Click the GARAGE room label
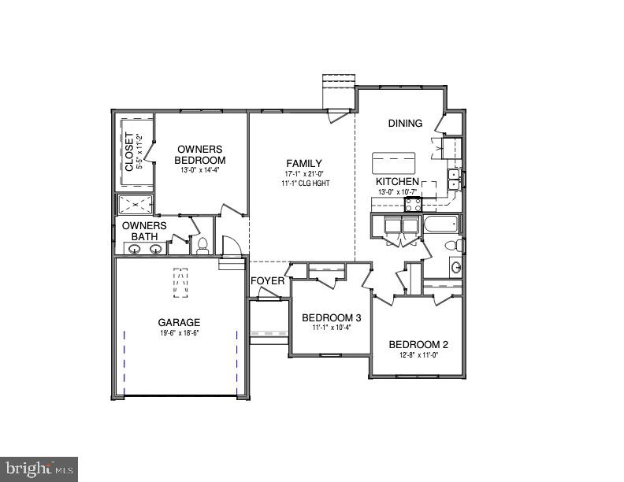pos(179,322)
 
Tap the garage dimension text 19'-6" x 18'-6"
pos(179,333)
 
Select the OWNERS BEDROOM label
pos(199,154)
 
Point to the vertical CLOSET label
pos(129,151)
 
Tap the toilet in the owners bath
pos(202,246)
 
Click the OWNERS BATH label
pos(144,231)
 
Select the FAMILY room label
pos(303,163)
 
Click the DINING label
pos(405,123)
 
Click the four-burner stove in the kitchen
pos(414,205)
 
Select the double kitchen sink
pos(454,180)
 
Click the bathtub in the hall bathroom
pos(440,225)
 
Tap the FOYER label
pos(267,281)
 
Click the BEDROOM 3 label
pos(331,318)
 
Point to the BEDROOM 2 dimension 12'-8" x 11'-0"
pos(418,356)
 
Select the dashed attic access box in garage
pos(181,284)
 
